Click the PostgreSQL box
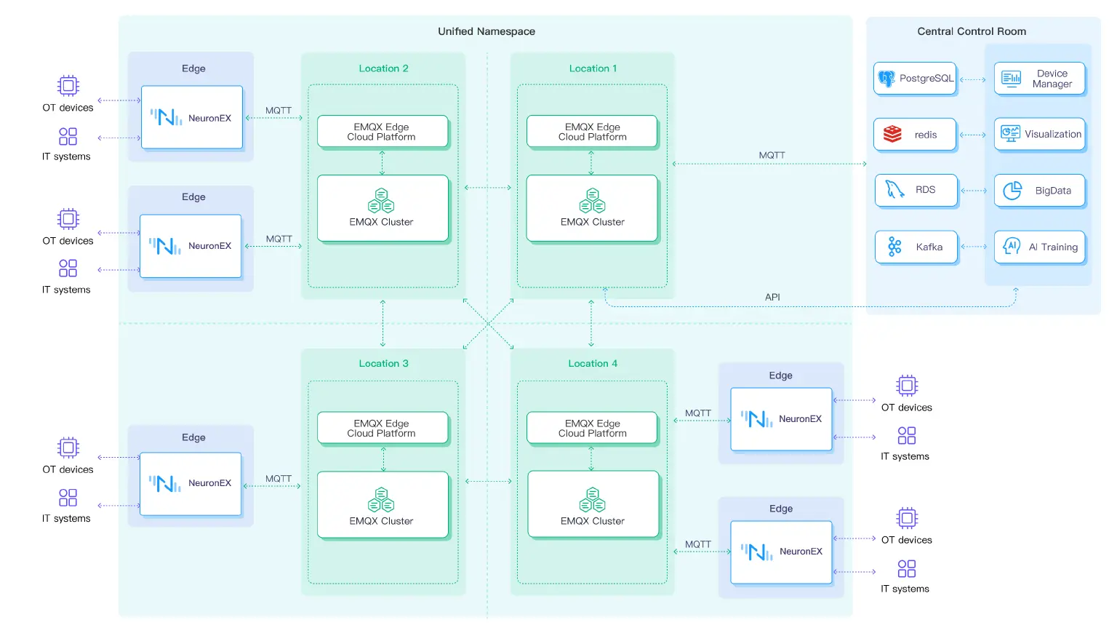pos(915,79)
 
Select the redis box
pos(915,135)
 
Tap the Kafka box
pos(916,247)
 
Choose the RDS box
pos(916,191)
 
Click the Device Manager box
pos(1039,79)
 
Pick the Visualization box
pos(1039,135)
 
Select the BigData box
pos(1039,191)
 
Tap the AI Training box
pos(1039,247)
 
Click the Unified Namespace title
pos(486,31)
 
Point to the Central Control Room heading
pos(971,31)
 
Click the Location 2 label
pos(383,68)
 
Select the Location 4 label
pos(593,364)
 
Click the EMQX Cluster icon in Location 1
pos(593,200)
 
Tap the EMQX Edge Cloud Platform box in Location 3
pos(382,428)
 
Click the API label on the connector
pos(772,297)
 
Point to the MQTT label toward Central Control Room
pos(772,155)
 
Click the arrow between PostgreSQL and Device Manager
pos(974,79)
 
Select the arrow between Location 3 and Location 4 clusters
pos(488,481)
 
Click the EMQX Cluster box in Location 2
pos(383,208)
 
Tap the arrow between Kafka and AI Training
pos(974,247)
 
